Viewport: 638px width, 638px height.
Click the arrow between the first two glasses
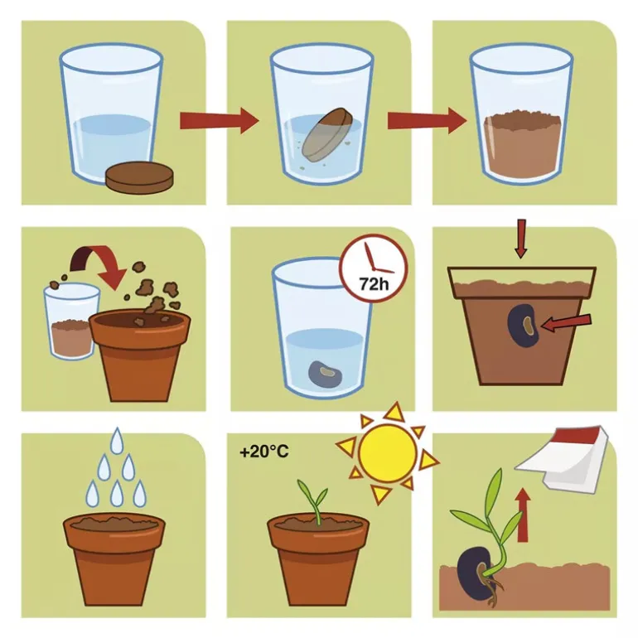(x=220, y=120)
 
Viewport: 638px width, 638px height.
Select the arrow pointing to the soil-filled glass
(x=427, y=120)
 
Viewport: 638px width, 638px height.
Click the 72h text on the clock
(x=374, y=283)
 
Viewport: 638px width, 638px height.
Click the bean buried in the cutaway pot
(x=523, y=326)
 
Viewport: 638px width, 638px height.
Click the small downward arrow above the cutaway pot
(x=520, y=239)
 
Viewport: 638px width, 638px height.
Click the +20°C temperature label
(x=264, y=452)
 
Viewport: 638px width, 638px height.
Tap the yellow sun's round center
(x=388, y=453)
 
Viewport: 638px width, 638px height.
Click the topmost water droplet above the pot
(x=117, y=440)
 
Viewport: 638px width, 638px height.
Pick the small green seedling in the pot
(x=313, y=501)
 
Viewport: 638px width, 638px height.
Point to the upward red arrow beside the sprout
(x=523, y=515)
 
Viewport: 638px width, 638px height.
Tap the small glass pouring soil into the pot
(x=71, y=321)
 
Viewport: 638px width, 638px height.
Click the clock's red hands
(x=375, y=261)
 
